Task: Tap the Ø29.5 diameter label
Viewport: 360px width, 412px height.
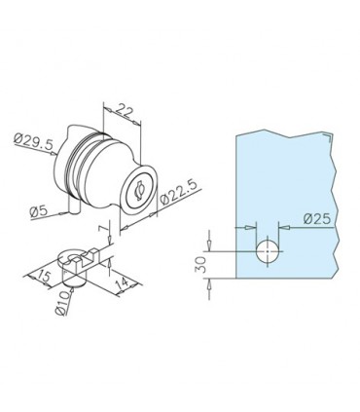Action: (33, 141)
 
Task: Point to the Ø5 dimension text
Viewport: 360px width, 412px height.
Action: (39, 211)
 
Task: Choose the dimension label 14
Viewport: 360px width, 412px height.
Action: (124, 283)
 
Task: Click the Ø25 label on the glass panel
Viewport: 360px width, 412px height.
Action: (317, 219)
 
